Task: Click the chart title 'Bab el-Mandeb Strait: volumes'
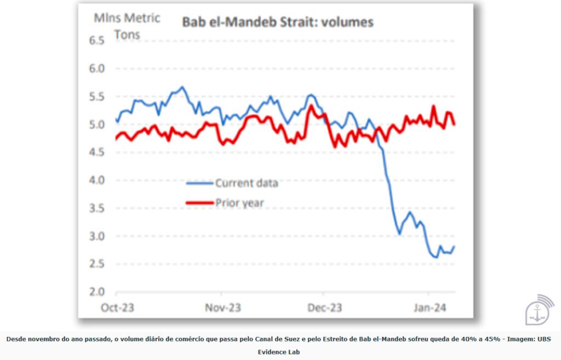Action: tap(278, 22)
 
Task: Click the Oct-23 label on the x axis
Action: tap(118, 308)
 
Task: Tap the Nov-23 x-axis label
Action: tap(222, 308)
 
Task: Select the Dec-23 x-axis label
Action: tap(325, 308)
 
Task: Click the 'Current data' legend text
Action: tap(247, 183)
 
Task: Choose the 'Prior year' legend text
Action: tap(239, 203)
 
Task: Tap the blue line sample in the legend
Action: tap(199, 183)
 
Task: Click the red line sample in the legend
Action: tap(199, 203)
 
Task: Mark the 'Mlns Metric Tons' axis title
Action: tap(127, 26)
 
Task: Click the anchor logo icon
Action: tap(539, 311)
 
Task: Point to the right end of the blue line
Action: tap(454, 247)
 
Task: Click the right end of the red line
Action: tap(455, 125)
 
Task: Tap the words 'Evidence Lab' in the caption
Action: tap(279, 352)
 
